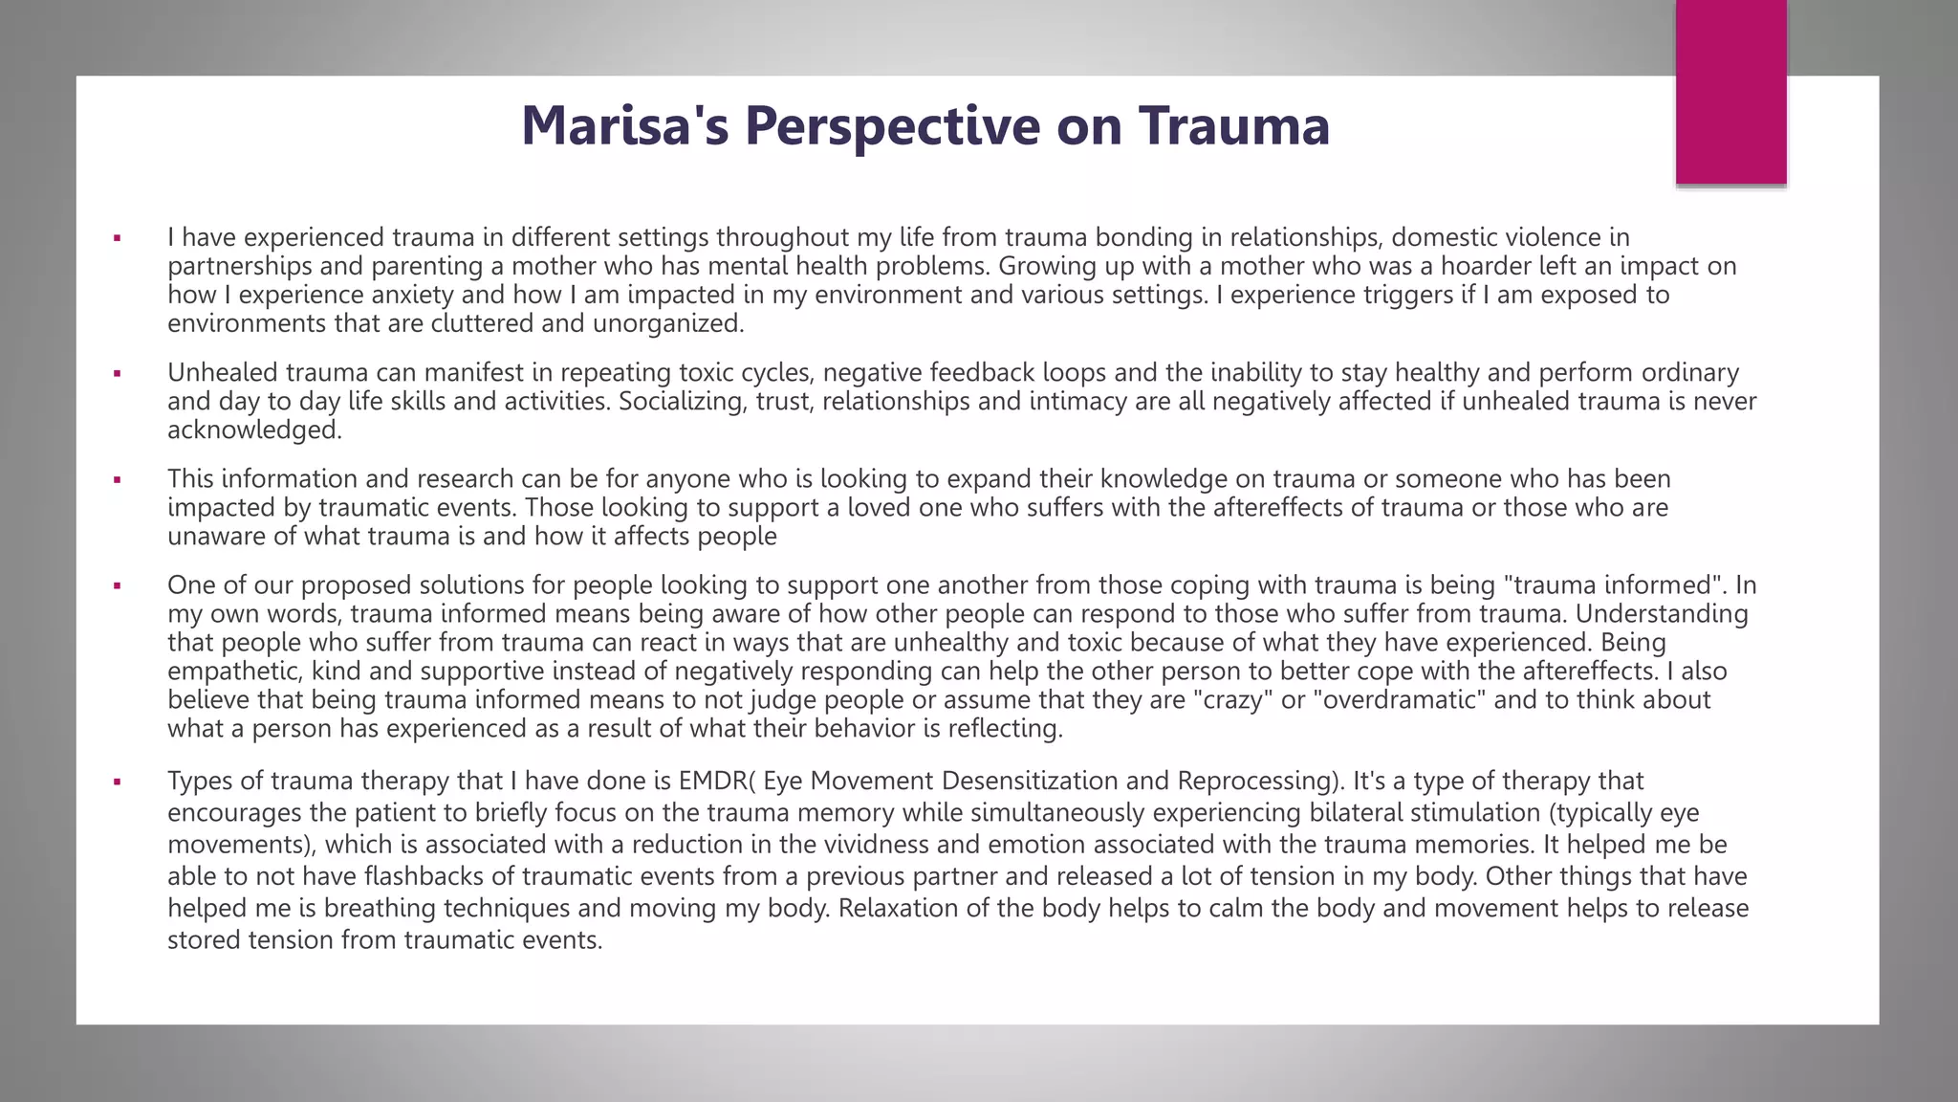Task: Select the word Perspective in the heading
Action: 892,125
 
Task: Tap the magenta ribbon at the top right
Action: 1730,92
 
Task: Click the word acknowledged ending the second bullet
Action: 252,430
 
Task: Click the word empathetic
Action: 234,671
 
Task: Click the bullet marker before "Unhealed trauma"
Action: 117,373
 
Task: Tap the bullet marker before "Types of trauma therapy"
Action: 117,782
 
